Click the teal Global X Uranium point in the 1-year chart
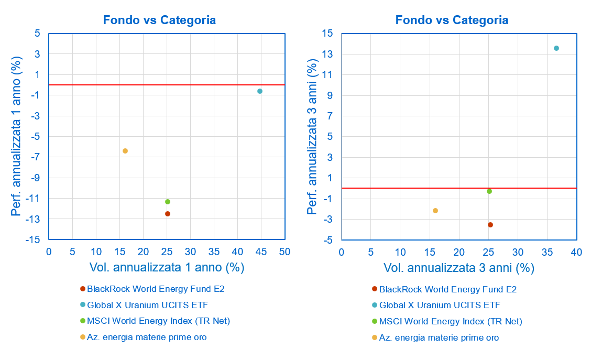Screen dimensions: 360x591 (x=260, y=91)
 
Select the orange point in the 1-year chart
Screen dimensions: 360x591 (x=125, y=151)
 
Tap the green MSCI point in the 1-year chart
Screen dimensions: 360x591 (x=168, y=202)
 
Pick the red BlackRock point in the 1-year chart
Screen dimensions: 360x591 (x=168, y=214)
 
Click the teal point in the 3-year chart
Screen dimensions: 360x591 (x=556, y=48)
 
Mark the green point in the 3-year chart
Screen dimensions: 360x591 (x=489, y=191)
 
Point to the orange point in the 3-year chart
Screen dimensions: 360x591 (x=435, y=211)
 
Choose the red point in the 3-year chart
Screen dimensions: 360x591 (x=490, y=225)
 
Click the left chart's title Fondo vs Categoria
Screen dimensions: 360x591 (x=159, y=20)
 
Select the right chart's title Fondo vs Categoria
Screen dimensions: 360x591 (x=452, y=20)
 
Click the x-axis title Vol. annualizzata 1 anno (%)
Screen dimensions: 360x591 (x=167, y=267)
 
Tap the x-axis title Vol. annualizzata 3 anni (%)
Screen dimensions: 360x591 (x=459, y=268)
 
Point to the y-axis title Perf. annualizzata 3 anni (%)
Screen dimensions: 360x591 (x=313, y=136)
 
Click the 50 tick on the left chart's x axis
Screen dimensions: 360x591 (x=284, y=252)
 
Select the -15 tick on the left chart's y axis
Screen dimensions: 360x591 (x=34, y=239)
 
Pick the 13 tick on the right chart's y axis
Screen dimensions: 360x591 (x=327, y=54)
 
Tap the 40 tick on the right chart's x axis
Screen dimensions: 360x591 (x=576, y=252)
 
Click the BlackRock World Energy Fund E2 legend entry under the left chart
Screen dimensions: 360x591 (x=156, y=289)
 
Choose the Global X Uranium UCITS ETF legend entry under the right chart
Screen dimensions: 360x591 (x=440, y=305)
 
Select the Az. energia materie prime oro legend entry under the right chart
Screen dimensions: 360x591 (x=439, y=337)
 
